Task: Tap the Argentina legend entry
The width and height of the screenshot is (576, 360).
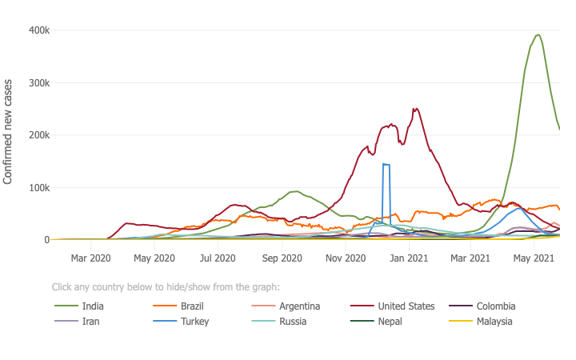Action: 300,306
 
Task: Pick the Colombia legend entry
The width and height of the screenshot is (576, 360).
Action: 496,306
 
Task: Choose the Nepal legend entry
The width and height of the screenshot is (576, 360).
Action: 389,322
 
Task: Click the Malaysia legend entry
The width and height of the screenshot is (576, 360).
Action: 494,322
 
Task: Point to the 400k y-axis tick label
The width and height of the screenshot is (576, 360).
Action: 40,30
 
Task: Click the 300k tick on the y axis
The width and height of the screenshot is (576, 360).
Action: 40,83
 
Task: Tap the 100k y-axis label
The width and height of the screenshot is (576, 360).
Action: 40,188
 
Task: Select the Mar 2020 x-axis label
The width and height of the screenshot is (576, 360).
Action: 90,258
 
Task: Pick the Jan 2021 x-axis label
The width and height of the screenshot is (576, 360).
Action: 408,258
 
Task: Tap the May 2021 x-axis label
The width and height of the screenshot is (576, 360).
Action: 534,258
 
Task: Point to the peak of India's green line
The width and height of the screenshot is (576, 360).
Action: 538,35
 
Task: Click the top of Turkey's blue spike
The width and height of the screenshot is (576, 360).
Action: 386,165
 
